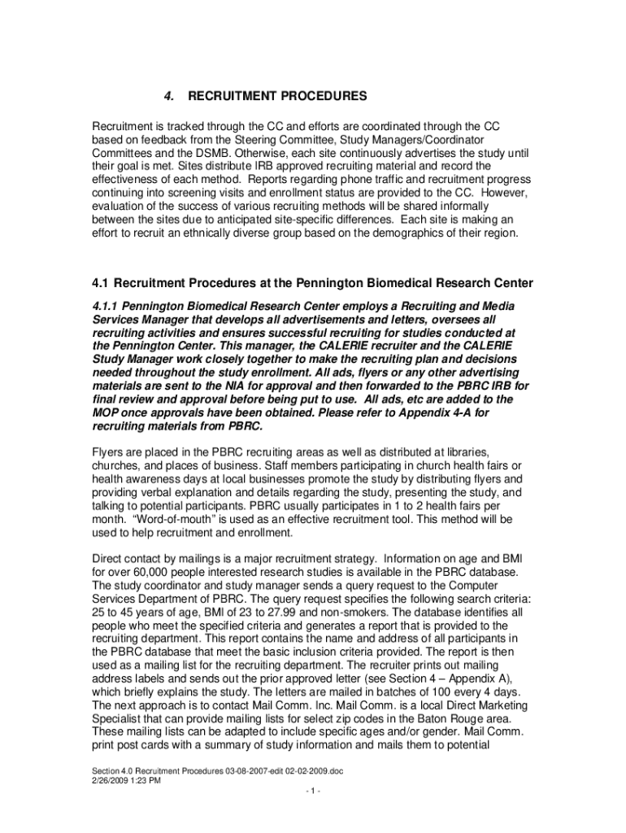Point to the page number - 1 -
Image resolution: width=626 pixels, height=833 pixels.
click(x=313, y=793)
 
